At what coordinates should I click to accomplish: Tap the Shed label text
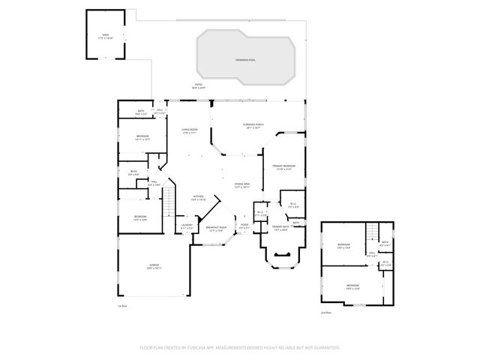[x=106, y=36]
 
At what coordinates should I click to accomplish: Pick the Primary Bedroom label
[x=284, y=167]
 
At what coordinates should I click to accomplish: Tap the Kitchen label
[x=199, y=198]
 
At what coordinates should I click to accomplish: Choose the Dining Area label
[x=241, y=184]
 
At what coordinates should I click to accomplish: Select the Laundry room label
[x=187, y=226]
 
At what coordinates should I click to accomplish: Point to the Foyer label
[x=244, y=225]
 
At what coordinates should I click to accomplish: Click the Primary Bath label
[x=281, y=228]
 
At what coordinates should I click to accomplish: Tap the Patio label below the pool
[x=199, y=85]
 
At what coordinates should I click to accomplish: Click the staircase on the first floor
[x=170, y=199]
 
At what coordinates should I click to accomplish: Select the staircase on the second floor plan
[x=370, y=233]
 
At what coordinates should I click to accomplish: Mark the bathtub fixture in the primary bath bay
[x=283, y=256]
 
